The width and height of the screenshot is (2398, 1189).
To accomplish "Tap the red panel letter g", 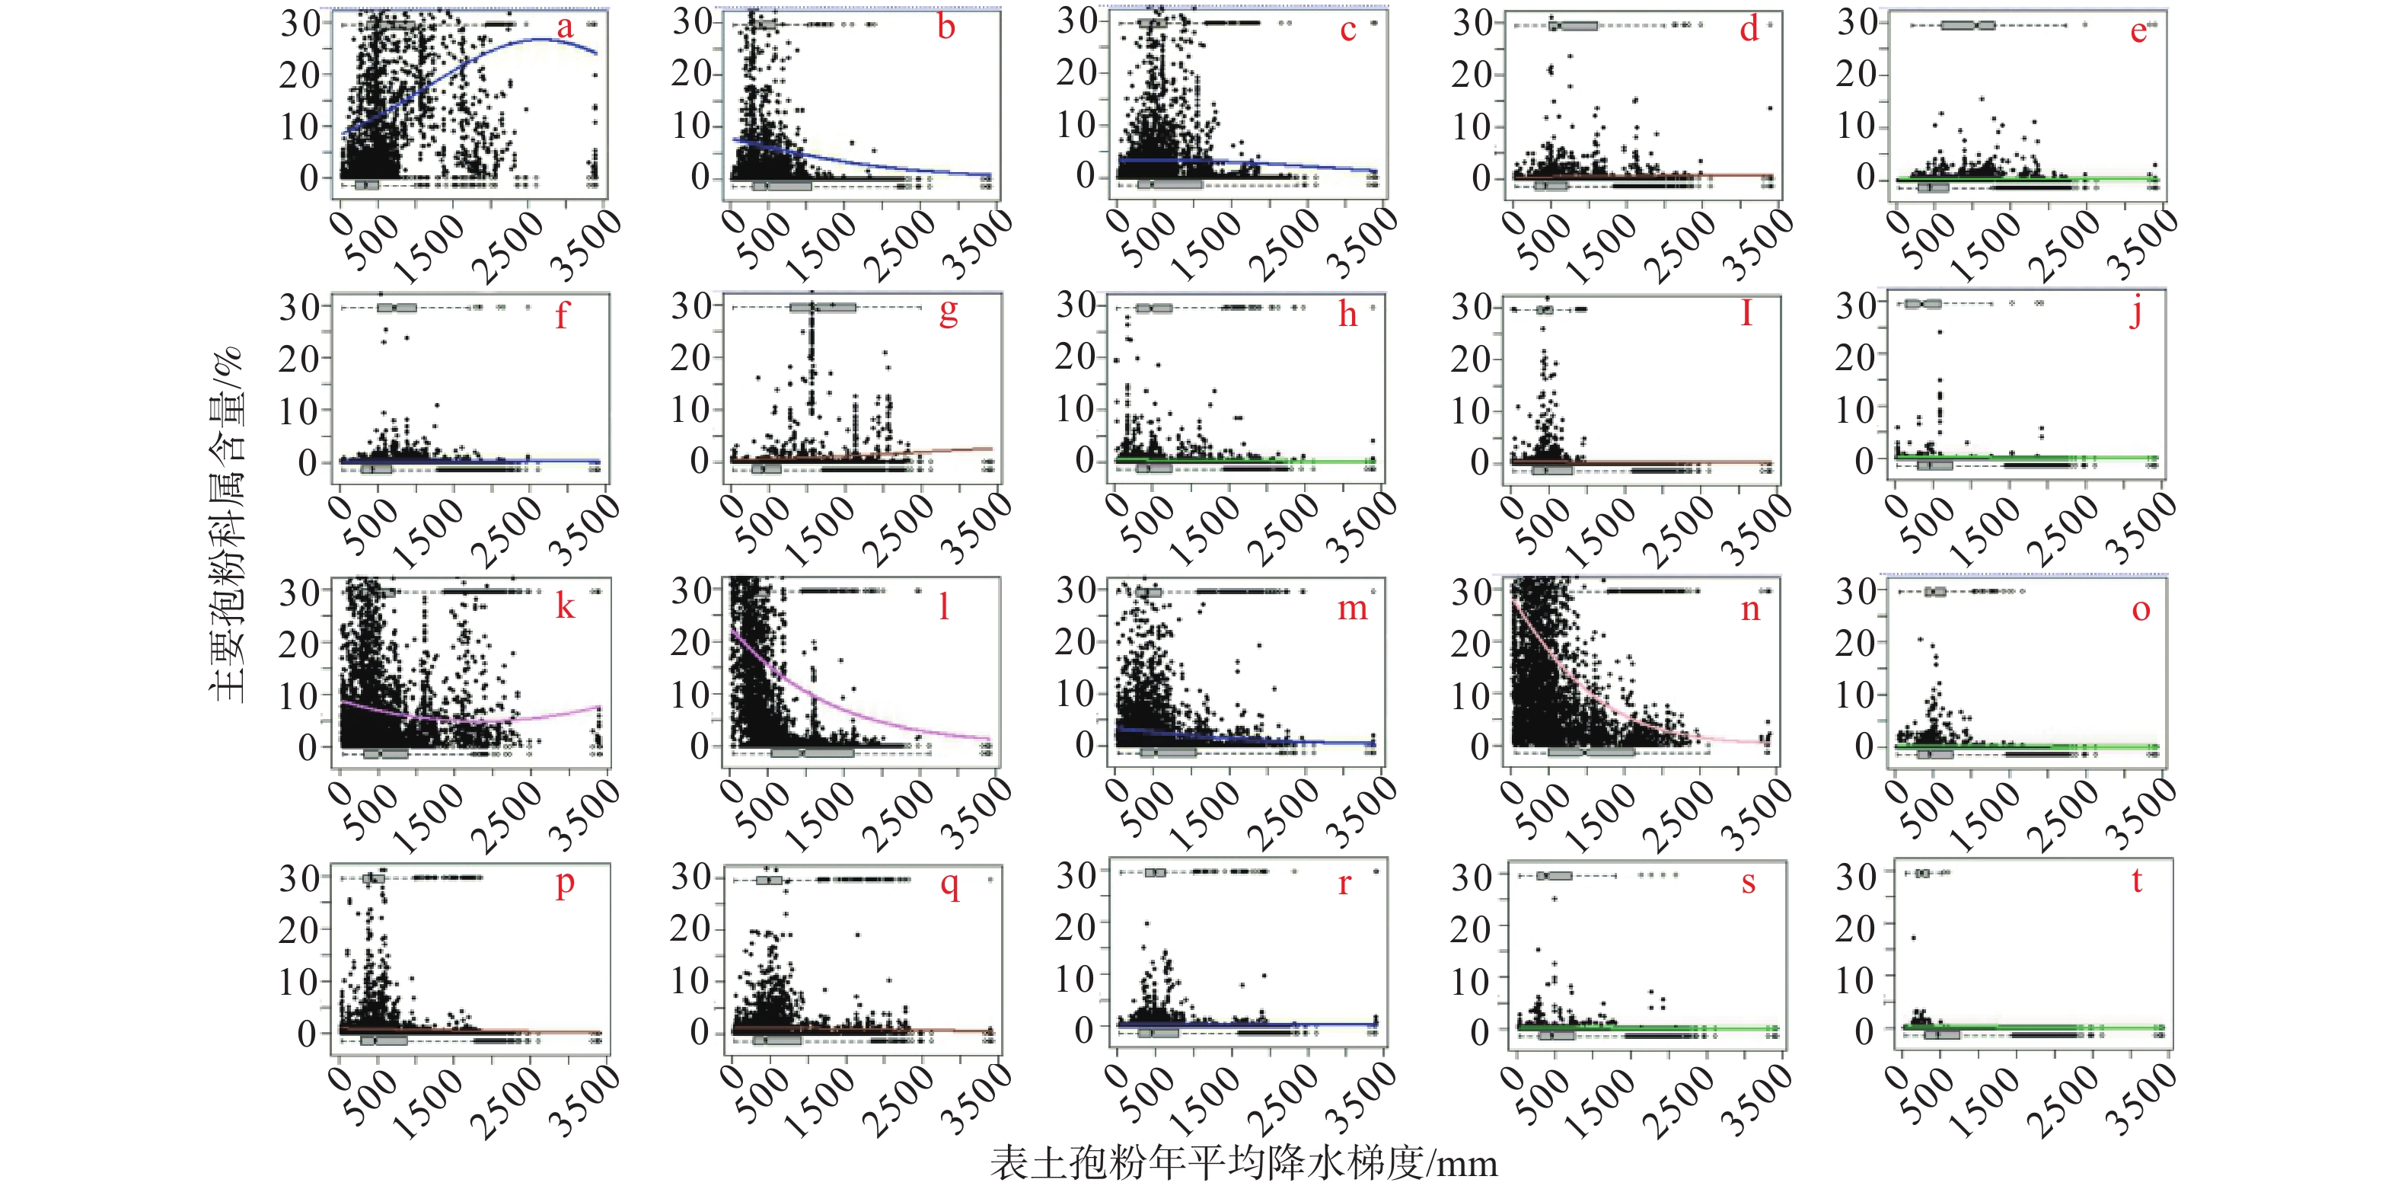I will pyautogui.click(x=948, y=312).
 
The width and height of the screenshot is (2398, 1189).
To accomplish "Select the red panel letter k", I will pyautogui.click(x=565, y=606).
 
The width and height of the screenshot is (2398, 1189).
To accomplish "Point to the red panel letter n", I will pyautogui.click(x=1751, y=609).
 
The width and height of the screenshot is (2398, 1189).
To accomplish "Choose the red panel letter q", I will pyautogui.click(x=949, y=883).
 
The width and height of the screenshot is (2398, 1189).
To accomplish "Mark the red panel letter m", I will pyautogui.click(x=1353, y=609).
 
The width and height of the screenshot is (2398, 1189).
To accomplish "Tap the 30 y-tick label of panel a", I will pyautogui.click(x=301, y=24).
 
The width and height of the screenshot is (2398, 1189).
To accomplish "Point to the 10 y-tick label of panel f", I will pyautogui.click(x=299, y=411).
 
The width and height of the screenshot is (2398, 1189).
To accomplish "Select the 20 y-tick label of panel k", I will pyautogui.click(x=299, y=644).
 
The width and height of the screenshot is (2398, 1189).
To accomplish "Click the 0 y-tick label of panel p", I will pyautogui.click(x=308, y=1033).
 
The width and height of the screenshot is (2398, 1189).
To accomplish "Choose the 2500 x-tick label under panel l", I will pyautogui.click(x=898, y=817).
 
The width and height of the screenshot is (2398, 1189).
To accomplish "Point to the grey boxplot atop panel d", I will pyautogui.click(x=1574, y=25).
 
